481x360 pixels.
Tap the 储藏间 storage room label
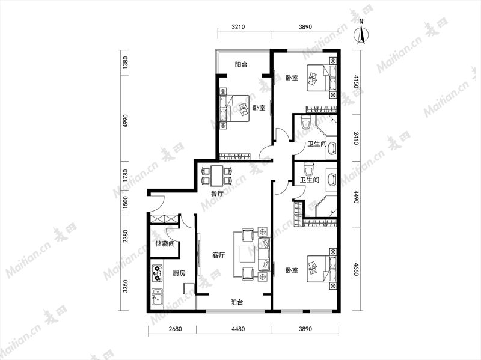point(165,244)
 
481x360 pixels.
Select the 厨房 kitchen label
point(179,273)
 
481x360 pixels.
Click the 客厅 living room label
point(219,255)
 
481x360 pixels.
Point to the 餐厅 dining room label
point(217,194)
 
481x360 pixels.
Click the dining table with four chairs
point(216,176)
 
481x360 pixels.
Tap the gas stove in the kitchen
point(157,273)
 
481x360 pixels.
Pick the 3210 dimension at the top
point(238,27)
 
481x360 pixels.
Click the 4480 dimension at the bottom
point(238,329)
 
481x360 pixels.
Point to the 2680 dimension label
point(175,329)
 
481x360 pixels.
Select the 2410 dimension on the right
point(356,138)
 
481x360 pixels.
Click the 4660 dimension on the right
point(356,269)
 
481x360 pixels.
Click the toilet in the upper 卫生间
point(305,123)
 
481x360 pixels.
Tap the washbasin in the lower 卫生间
point(331,179)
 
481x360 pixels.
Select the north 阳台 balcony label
point(241,64)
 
